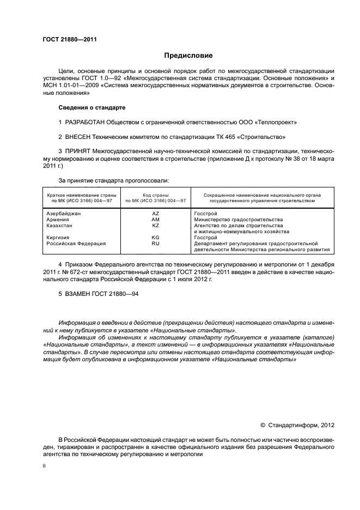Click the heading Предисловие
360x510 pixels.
[x=188, y=56]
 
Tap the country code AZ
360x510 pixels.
[x=155, y=214]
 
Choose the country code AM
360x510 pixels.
[x=155, y=220]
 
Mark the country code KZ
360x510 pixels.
[x=155, y=226]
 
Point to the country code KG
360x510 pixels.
[x=155, y=238]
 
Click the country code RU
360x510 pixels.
[x=155, y=244]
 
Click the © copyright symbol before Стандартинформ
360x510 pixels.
[x=263, y=424]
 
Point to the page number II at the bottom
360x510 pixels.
[x=44, y=466]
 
